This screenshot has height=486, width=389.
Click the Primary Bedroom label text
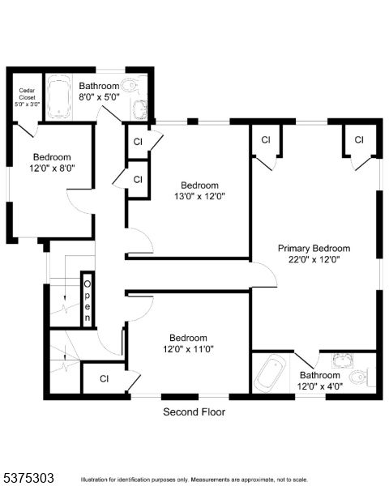pyautogui.click(x=314, y=249)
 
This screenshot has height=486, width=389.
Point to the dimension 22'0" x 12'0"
pyautogui.click(x=314, y=260)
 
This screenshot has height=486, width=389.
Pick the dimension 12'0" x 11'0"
pyautogui.click(x=188, y=349)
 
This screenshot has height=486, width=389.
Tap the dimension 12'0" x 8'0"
pyautogui.click(x=53, y=168)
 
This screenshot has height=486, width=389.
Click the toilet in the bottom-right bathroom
pyautogui.click(x=359, y=377)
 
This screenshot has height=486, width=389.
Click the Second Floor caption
pyautogui.click(x=194, y=411)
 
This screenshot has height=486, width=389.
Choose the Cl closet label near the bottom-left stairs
pyautogui.click(x=105, y=378)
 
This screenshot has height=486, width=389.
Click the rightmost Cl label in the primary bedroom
pyautogui.click(x=359, y=140)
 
